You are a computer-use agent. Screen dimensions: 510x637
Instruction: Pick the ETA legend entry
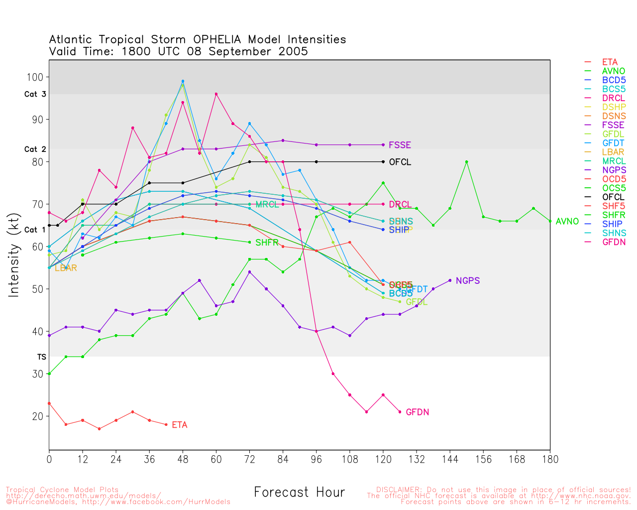610,62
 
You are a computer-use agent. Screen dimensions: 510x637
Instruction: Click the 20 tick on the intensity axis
38,416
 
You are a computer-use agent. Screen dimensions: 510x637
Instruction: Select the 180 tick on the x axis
550,459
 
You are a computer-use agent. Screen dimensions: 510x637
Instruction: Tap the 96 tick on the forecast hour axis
317,459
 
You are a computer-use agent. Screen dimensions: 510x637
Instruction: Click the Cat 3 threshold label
35,94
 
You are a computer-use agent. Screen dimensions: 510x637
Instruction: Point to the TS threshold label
41,357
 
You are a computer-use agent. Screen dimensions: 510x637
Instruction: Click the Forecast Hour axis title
299,492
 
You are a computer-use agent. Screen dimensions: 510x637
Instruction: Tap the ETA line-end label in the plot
180,425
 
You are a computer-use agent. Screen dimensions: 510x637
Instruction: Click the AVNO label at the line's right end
567,221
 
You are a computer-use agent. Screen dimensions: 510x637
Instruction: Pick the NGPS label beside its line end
467,280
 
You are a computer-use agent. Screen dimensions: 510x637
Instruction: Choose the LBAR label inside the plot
66,268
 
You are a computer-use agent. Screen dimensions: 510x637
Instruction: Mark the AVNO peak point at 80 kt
466,162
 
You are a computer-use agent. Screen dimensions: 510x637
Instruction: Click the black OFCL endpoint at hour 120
383,162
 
